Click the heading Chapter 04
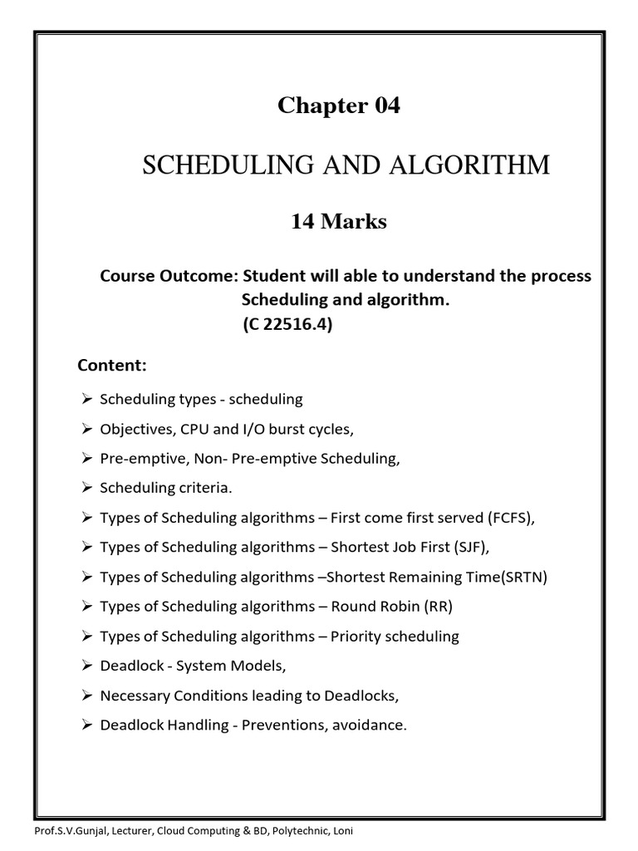(x=338, y=106)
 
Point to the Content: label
(x=111, y=365)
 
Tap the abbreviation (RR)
(x=437, y=607)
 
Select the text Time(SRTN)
(x=513, y=577)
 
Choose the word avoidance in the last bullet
(x=370, y=726)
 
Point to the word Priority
(x=356, y=637)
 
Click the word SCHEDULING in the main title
(x=218, y=165)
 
